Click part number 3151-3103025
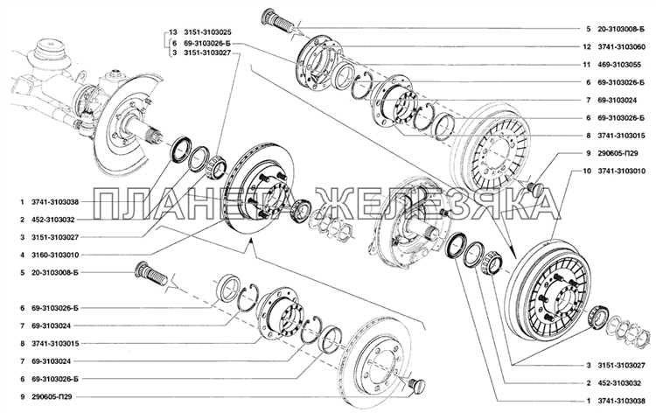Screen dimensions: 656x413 click(x=207, y=32)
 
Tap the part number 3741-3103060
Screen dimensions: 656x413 click(x=621, y=47)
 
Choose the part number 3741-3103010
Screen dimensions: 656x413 click(x=621, y=171)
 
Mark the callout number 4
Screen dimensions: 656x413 click(x=23, y=255)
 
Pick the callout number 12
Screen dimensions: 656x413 click(x=588, y=47)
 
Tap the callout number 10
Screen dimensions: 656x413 click(x=588, y=171)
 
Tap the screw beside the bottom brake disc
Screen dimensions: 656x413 click(x=416, y=384)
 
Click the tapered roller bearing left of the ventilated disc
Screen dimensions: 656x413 click(x=216, y=166)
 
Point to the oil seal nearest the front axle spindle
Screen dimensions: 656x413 click(x=181, y=149)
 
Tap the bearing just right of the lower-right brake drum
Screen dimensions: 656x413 click(x=597, y=318)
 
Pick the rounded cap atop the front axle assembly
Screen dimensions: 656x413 click(x=50, y=49)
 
